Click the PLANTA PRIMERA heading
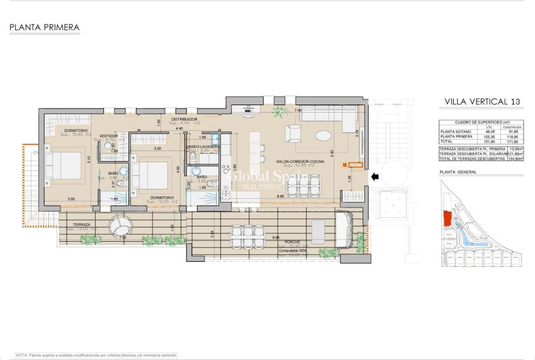click(44, 28)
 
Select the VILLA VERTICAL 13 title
click(482, 102)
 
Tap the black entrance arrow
click(375, 177)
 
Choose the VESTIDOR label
click(108, 135)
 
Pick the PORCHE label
click(291, 241)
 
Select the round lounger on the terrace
click(120, 227)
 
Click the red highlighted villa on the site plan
click(448, 219)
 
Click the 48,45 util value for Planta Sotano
click(485, 132)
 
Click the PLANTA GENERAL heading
click(458, 171)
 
